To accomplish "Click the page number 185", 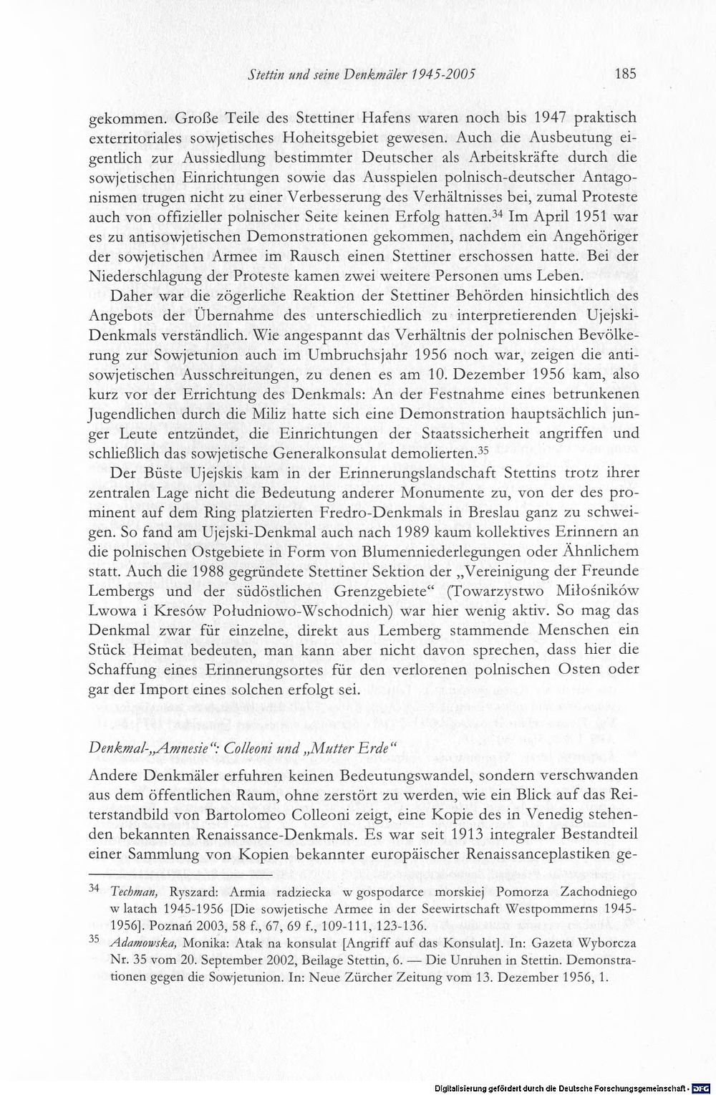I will click(624, 73).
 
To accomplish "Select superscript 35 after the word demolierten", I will click(478, 450).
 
